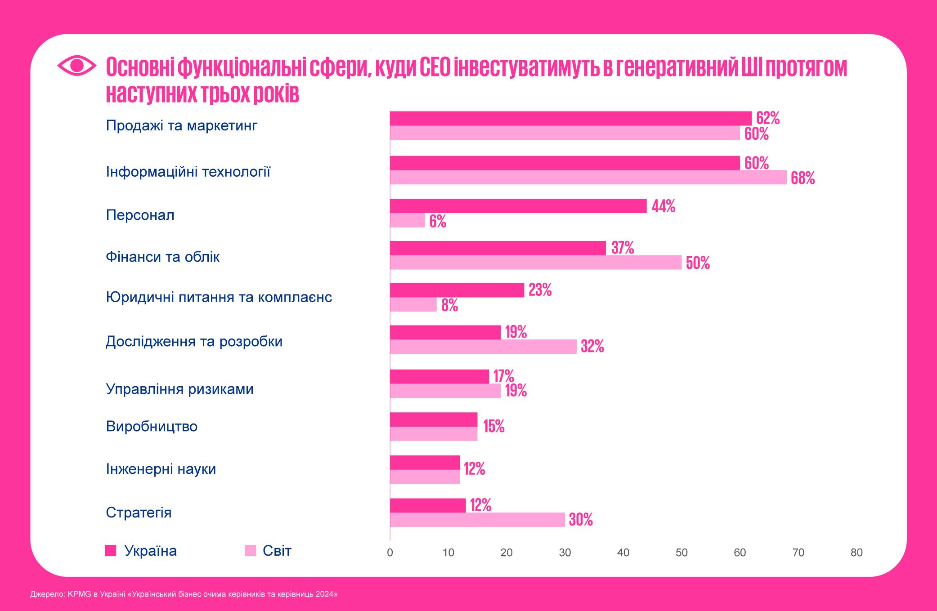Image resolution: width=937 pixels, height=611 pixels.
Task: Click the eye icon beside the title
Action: pos(77,66)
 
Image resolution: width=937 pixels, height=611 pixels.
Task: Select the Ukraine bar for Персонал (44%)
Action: pos(518,206)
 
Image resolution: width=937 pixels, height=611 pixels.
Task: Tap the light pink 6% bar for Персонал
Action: pos(407,220)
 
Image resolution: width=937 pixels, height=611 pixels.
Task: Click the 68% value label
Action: pos(803,178)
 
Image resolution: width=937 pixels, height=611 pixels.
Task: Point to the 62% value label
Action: pos(767,118)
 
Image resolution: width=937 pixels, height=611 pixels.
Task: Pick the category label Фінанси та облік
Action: pos(162,257)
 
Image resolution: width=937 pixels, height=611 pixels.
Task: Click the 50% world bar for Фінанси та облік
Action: pos(535,263)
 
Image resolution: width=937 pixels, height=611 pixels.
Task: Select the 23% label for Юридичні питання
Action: pos(540,290)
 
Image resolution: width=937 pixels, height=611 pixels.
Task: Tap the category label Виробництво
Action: pos(152,426)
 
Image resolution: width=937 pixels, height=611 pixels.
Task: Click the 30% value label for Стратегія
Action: pos(581,520)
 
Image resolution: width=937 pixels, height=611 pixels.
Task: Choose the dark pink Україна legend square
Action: pos(111,550)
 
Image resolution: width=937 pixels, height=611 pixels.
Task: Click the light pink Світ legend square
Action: pos(250,550)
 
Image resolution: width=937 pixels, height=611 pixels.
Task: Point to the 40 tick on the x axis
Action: pos(623,553)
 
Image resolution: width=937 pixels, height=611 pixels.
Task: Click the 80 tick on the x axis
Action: pos(856,553)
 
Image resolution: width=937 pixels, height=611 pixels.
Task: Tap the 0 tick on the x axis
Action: pos(390,553)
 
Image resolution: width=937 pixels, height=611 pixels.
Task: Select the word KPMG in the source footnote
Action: pos(79,594)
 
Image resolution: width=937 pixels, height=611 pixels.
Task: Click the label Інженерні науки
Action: pos(161,469)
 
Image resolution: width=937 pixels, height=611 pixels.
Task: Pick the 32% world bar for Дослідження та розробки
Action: pos(483,347)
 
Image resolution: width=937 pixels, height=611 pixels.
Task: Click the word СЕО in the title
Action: pos(435,67)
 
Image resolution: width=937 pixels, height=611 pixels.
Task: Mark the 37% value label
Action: pos(622,248)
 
